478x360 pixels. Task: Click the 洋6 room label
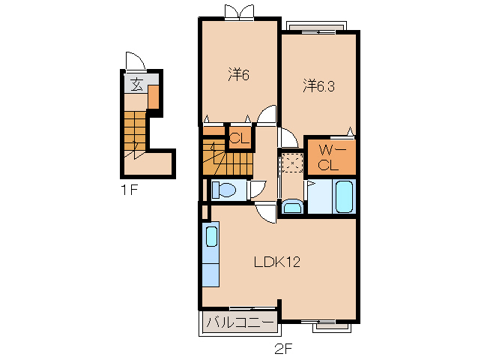click(238, 75)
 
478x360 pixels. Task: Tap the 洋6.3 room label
click(318, 85)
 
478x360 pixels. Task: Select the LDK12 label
click(276, 262)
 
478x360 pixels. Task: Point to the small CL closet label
click(238, 138)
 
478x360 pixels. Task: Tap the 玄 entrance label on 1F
click(136, 84)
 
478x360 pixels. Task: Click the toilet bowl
click(224, 190)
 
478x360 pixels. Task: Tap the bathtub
click(344, 196)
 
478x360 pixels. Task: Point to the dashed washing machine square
click(291, 163)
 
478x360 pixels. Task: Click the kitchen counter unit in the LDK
click(211, 254)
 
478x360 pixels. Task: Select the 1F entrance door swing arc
click(133, 60)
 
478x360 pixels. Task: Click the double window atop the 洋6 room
click(240, 10)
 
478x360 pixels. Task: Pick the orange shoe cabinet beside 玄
click(154, 96)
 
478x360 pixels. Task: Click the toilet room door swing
click(258, 188)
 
